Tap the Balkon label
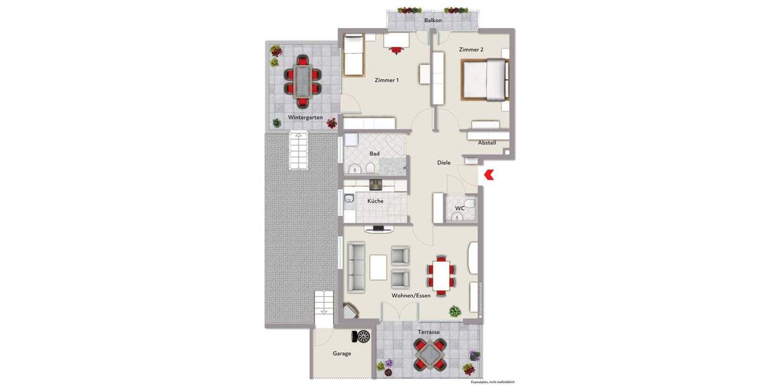point(433,21)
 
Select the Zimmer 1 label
point(387,81)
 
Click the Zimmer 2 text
point(471,50)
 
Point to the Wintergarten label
point(305,118)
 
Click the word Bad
point(375,154)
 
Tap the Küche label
point(375,201)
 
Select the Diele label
point(444,163)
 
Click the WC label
point(460,209)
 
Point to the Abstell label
point(487,143)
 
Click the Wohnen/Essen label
point(411,296)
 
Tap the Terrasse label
point(428,332)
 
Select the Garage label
point(341,354)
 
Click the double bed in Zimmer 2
point(484,79)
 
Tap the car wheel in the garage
point(363,336)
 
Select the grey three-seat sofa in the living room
point(356,267)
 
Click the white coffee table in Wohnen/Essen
point(378,266)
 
